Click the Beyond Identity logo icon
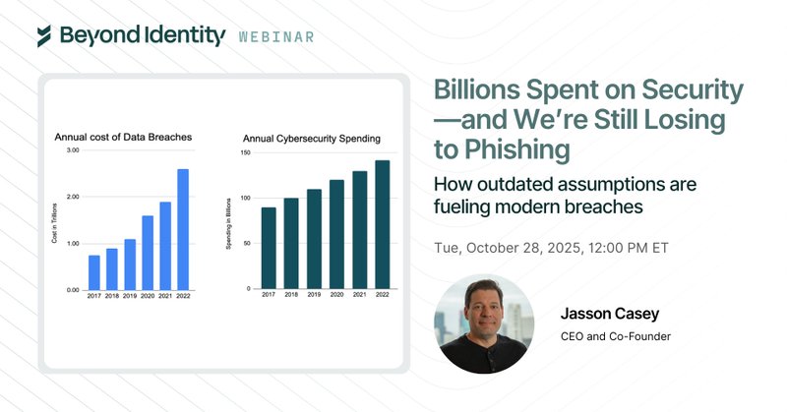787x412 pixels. tap(43, 35)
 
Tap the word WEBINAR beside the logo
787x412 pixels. tap(276, 37)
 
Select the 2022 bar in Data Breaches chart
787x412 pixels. tap(183, 229)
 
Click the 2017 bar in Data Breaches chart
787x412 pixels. tap(94, 272)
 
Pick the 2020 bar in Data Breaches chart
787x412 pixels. tap(148, 253)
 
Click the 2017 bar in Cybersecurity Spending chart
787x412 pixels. tap(269, 249)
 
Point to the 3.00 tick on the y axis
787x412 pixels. tap(72, 150)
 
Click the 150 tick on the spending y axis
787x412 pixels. tap(248, 155)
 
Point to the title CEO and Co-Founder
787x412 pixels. tap(615, 338)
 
